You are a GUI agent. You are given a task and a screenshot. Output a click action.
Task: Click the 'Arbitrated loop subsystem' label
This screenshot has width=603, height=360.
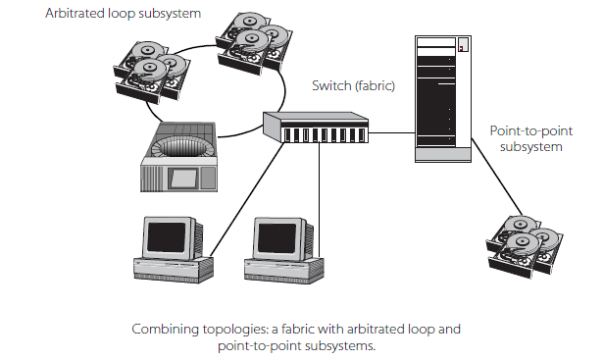click(124, 14)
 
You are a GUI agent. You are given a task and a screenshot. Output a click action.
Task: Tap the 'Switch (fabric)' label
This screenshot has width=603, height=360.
click(353, 85)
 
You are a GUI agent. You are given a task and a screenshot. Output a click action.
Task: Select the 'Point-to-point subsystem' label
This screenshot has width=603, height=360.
click(531, 138)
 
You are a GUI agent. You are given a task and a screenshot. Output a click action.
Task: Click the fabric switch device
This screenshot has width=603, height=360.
click(316, 128)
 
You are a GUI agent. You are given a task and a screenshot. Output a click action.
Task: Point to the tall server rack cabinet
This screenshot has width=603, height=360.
click(443, 99)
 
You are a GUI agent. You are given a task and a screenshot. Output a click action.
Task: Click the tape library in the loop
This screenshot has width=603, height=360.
click(178, 157)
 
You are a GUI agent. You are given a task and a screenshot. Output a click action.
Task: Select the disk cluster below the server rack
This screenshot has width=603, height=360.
click(525, 246)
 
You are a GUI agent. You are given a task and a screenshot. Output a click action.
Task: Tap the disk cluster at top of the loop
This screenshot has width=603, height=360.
click(254, 43)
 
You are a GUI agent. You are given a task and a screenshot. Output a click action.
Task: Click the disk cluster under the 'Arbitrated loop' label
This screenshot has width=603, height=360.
click(152, 72)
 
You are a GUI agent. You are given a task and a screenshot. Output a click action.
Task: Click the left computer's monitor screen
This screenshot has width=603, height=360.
click(167, 237)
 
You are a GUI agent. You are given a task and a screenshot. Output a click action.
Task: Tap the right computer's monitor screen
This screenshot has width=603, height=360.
click(276, 238)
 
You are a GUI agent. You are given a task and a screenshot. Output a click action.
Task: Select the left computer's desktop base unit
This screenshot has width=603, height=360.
click(174, 269)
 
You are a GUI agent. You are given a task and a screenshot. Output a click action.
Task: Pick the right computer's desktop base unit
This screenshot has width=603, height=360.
click(284, 271)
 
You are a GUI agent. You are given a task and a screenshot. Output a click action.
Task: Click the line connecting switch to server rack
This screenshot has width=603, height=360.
click(391, 133)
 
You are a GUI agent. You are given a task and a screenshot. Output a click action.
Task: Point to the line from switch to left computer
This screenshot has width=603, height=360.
click(247, 199)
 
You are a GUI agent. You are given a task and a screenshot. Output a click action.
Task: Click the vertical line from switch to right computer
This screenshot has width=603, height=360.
click(319, 199)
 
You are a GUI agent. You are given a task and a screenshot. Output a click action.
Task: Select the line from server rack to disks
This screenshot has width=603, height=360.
click(497, 177)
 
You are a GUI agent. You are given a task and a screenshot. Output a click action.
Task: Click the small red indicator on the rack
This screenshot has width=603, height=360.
click(461, 49)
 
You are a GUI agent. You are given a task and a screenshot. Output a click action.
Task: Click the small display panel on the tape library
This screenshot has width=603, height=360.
click(183, 179)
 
